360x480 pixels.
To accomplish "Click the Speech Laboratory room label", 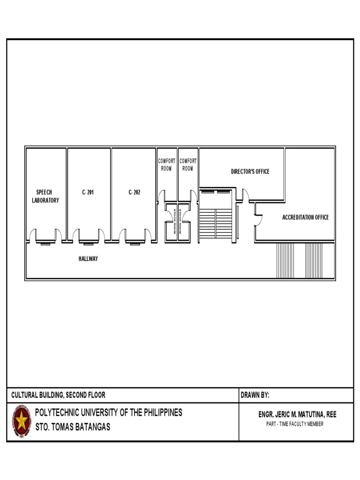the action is coord(45,196).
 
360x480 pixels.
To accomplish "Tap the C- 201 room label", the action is coord(88,192).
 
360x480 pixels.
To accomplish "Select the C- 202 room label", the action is coord(135,192).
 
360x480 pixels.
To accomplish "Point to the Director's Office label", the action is coord(250,172).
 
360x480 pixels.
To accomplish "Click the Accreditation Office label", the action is coord(306,217).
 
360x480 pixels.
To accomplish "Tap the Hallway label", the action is coord(88,259).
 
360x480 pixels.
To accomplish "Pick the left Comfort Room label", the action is coord(166,165).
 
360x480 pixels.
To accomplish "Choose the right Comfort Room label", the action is coord(188,165).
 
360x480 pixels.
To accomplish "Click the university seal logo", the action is coord(22,421).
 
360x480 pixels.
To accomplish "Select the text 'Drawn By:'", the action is coord(255,395).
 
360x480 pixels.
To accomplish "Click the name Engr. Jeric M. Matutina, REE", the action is coord(297,414).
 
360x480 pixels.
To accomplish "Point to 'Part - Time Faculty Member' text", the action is coord(295,424).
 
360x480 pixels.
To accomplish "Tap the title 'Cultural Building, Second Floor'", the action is coord(58,395).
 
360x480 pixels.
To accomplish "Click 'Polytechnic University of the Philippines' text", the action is coord(109,412).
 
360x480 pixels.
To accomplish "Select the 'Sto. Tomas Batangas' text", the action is coord(73,427).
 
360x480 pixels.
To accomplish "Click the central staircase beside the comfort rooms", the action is coord(216,224).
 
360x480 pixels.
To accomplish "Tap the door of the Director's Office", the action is coord(246,195).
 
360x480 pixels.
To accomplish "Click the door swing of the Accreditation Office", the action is coord(259,220).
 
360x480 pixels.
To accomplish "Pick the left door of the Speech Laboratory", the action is coord(33,235).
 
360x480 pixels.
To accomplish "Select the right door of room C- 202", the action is coord(148,235).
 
